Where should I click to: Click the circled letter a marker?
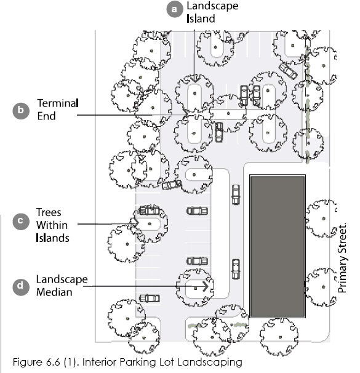coord(175,9)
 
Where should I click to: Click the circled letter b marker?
coord(21,111)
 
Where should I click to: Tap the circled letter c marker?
coord(21,222)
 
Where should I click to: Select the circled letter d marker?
coord(21,286)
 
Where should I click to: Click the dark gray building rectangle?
coord(278,246)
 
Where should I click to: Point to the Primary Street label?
coord(342,258)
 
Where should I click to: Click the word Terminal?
coord(58,103)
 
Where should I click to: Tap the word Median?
coord(54,292)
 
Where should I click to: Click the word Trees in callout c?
coord(49,212)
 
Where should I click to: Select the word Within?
coord(52,225)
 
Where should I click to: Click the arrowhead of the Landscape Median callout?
coord(206,286)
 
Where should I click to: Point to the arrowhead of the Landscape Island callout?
coord(194,79)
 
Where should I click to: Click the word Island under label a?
coord(201,18)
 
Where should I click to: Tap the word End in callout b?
coord(46,116)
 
